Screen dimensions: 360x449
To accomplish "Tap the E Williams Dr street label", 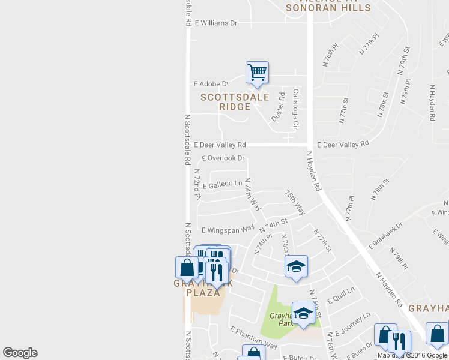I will click(215, 23).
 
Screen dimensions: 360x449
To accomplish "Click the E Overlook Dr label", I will click(223, 158).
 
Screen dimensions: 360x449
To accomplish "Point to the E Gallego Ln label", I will click(223, 185).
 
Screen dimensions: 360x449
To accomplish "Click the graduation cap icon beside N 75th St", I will click(295, 266).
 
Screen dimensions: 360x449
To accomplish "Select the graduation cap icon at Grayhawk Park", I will click(303, 313).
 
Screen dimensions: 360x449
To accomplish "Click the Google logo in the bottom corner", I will click(20, 353).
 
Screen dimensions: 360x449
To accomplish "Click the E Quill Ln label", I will click(341, 294).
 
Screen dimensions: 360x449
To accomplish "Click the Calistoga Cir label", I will click(295, 109).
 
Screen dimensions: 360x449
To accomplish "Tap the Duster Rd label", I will click(277, 107).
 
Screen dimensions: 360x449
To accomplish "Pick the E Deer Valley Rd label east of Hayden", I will click(342, 145).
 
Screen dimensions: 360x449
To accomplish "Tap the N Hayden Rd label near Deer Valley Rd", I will click(313, 171).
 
